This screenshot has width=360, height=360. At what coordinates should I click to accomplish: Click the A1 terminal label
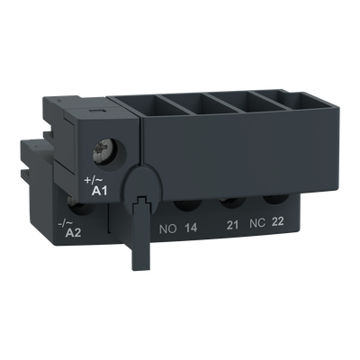(x=99, y=191)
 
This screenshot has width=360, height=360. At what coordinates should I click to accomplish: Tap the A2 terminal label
(x=73, y=232)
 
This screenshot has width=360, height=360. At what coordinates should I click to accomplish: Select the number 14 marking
(x=191, y=229)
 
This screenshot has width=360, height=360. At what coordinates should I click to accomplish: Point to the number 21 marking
(x=232, y=225)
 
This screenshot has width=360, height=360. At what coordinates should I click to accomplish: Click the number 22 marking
(x=277, y=221)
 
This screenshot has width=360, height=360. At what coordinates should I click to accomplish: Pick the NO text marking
(x=168, y=229)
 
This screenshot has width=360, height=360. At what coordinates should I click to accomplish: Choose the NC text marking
(x=257, y=223)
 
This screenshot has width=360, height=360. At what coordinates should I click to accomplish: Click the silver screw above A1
(x=103, y=149)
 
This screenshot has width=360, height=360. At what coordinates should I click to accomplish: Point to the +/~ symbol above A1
(x=94, y=181)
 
